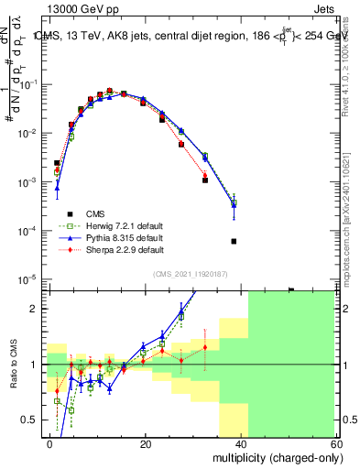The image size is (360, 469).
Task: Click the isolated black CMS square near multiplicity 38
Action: coord(234,242)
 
